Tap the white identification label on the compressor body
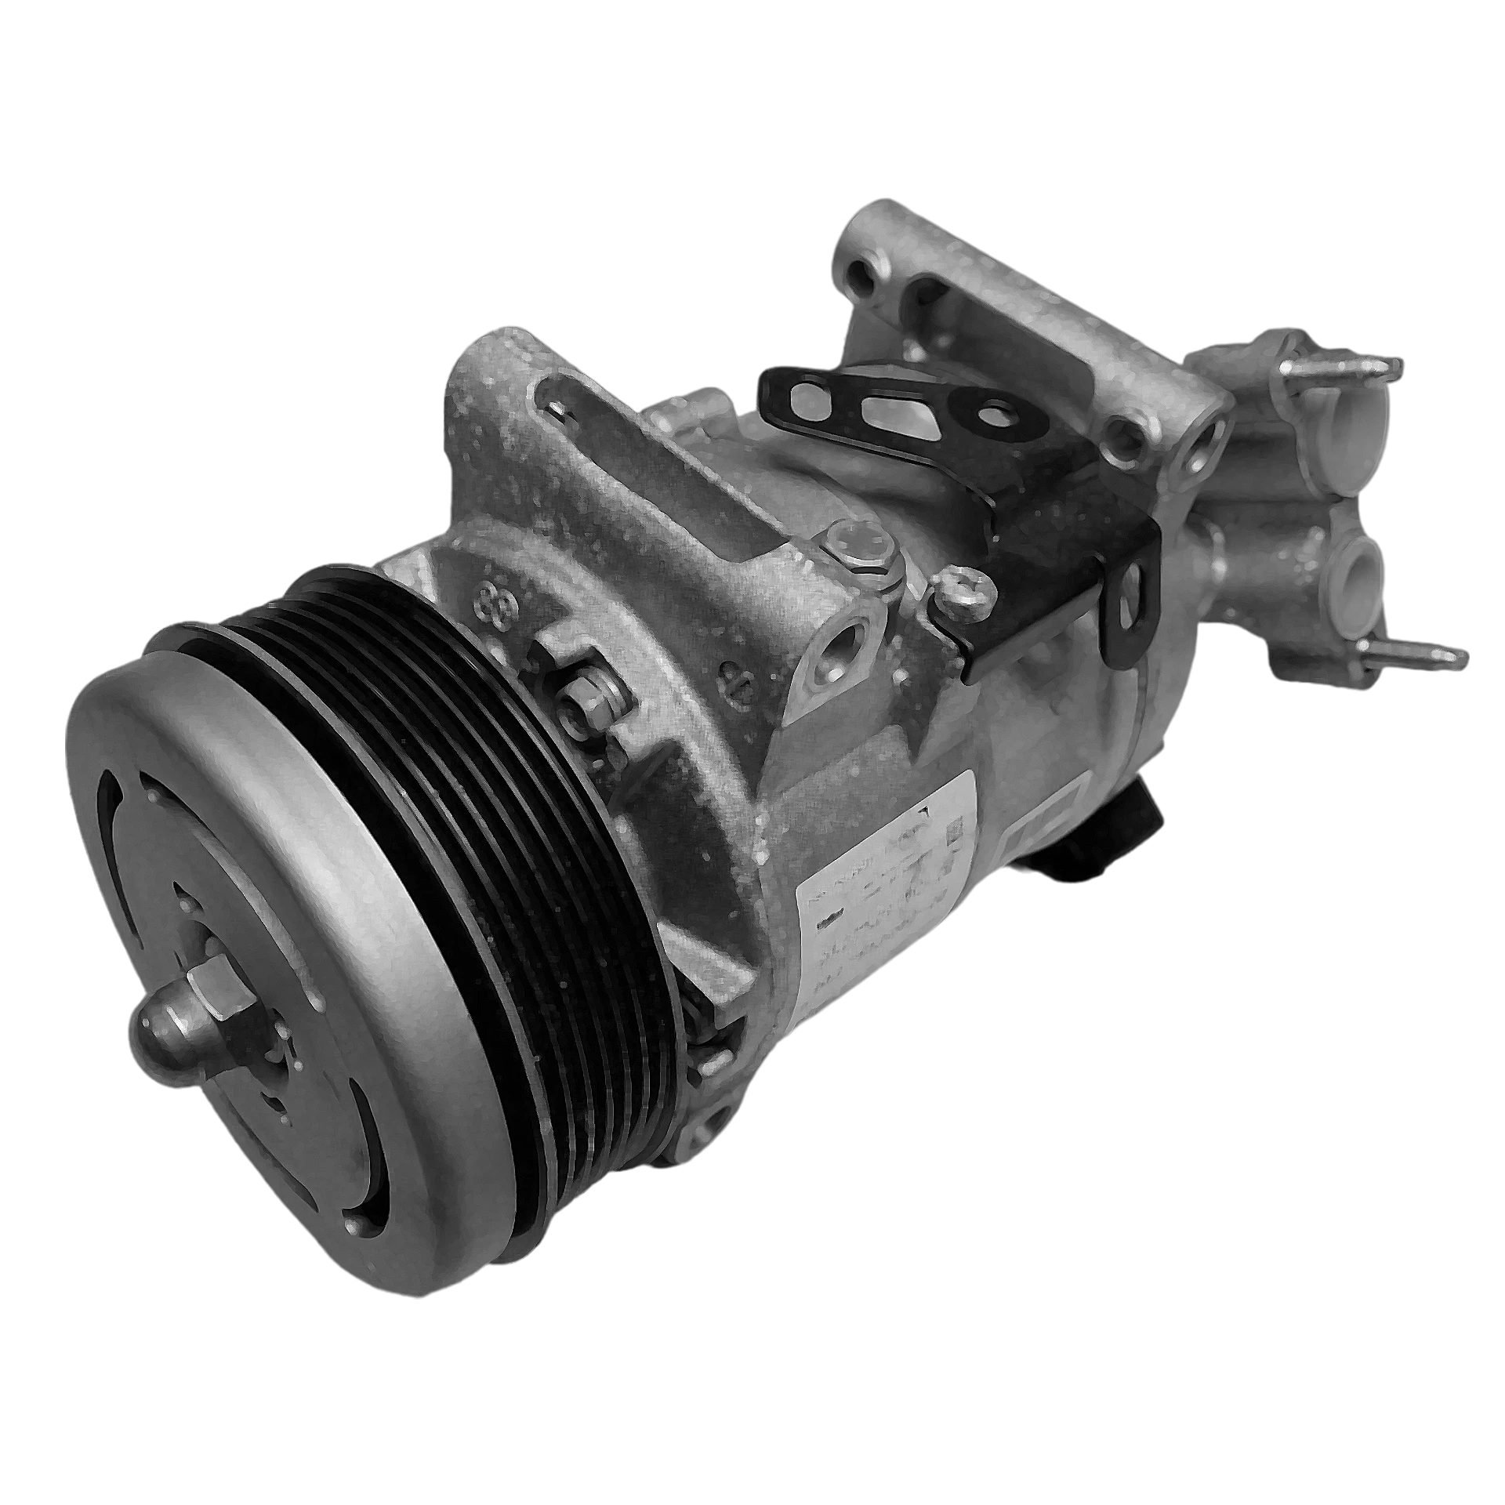click(x=886, y=894)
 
